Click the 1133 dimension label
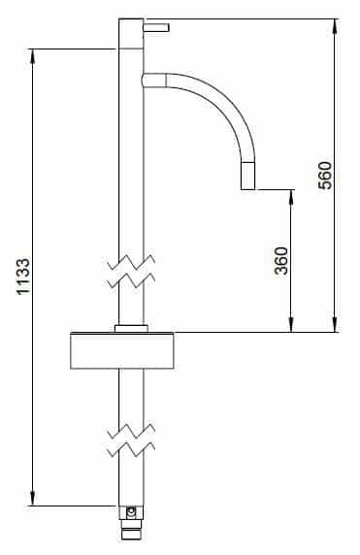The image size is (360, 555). (x=23, y=277)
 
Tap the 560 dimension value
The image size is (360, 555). (x=325, y=176)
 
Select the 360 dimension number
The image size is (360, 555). (x=281, y=261)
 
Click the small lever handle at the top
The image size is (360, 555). (x=156, y=27)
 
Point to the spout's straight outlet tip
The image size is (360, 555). (x=247, y=176)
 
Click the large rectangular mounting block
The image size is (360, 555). (x=122, y=351)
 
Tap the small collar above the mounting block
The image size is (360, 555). (x=131, y=329)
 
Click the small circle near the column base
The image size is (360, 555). (x=131, y=511)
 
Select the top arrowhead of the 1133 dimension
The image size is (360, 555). (x=33, y=56)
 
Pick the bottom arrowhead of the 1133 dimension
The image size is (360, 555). (x=33, y=498)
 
